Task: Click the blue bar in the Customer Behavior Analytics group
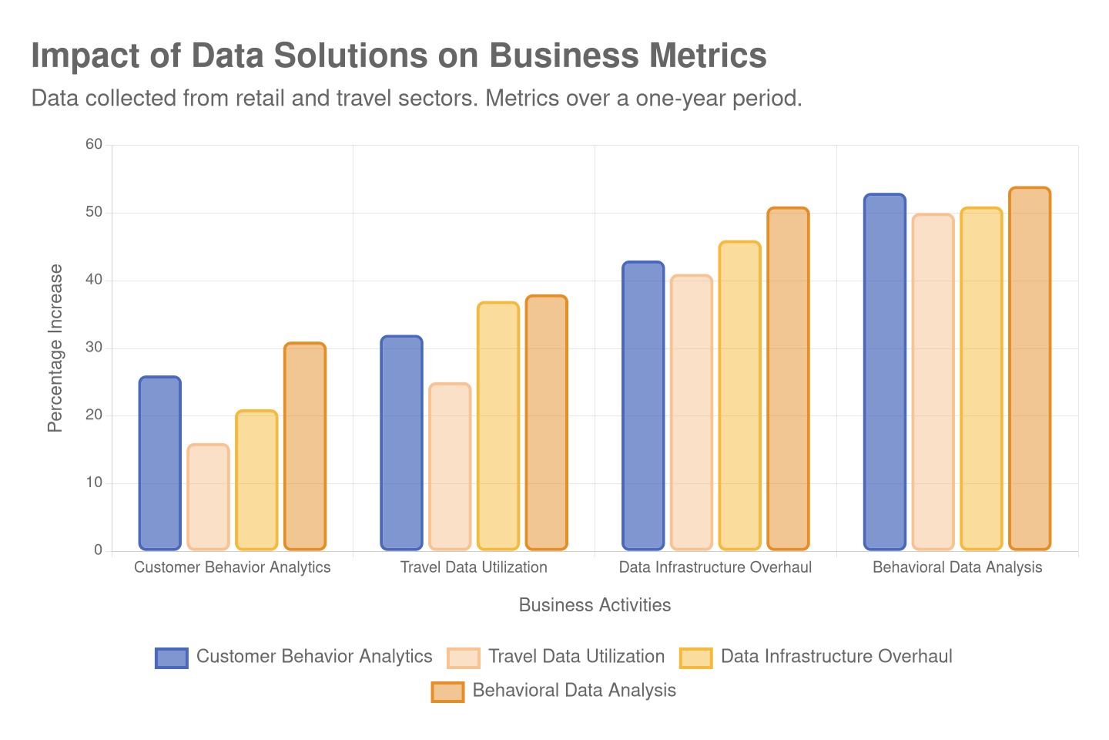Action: click(160, 462)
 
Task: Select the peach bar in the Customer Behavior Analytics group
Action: click(208, 496)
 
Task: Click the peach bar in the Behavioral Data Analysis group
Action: click(933, 382)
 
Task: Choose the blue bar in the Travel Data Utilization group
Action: click(401, 442)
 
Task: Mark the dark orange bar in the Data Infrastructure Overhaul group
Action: click(788, 378)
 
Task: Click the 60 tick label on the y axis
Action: click(94, 144)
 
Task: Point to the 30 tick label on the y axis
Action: click(94, 347)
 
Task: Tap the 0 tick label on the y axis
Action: click(98, 550)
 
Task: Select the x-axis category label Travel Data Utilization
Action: click(474, 567)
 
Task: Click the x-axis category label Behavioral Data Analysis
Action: click(957, 567)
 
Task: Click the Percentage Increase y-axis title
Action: click(55, 348)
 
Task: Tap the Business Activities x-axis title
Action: click(595, 605)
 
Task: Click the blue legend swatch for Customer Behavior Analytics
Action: click(171, 658)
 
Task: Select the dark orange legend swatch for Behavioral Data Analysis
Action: click(447, 691)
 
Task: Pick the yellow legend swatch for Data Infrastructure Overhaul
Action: click(695, 658)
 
